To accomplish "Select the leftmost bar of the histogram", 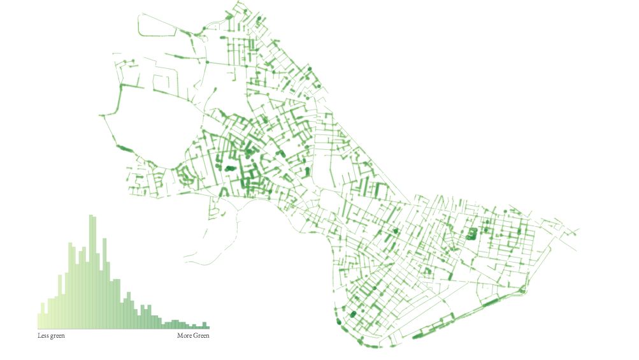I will click(39, 322).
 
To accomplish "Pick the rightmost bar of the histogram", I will click(206, 326).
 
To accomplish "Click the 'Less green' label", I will click(51, 336).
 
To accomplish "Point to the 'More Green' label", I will click(193, 336).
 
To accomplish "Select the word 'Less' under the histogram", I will click(43, 336).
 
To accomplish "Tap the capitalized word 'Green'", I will click(201, 336).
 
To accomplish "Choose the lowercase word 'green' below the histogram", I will click(57, 336).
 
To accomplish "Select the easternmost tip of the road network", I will click(578, 231).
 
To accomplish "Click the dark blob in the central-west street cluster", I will click(229, 168).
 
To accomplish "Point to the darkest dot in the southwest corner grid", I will click(352, 313).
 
